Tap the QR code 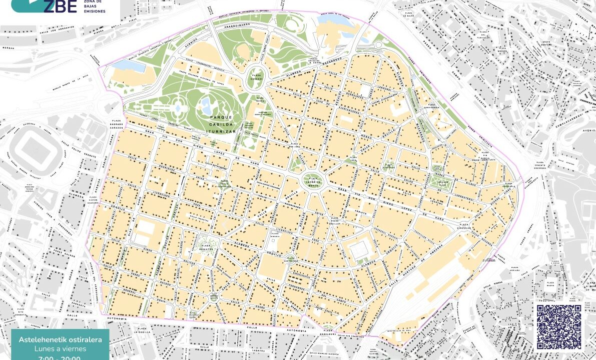pos(559,326)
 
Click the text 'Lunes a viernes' pos(60,348)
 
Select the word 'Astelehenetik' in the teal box pos(41,339)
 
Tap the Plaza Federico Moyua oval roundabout pos(314,180)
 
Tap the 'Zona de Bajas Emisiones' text pos(95,7)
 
